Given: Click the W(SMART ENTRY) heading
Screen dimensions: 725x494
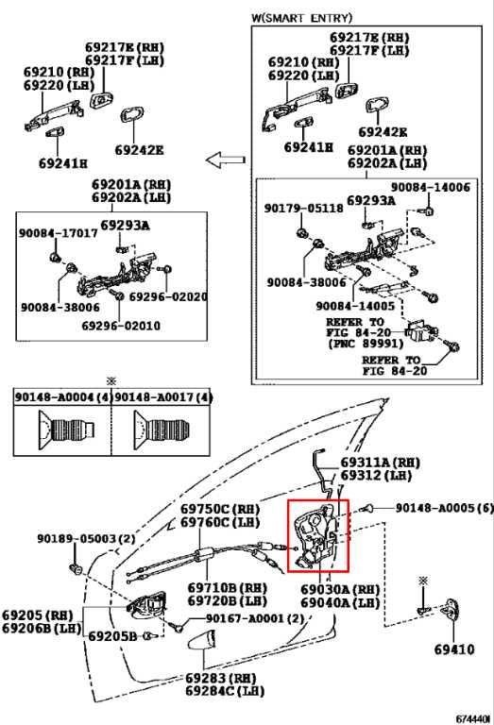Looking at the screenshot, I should (x=300, y=18).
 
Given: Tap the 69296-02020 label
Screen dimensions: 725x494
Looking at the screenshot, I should (x=167, y=296).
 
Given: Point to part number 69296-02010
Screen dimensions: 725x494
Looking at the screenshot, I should (x=120, y=326).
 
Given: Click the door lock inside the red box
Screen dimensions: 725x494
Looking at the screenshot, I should (x=317, y=536).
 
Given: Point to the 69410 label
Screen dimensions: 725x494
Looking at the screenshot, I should (x=455, y=649).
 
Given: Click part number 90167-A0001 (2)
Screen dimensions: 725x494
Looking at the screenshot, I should (x=247, y=618).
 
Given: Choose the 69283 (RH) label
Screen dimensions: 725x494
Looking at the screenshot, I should (x=220, y=678).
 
